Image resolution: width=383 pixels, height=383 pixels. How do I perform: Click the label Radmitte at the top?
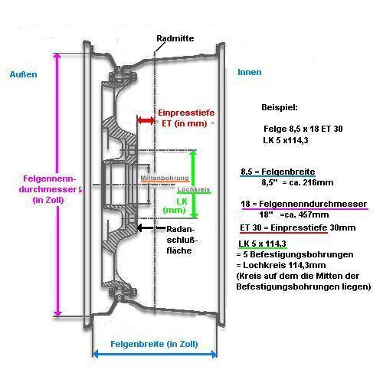[175, 38]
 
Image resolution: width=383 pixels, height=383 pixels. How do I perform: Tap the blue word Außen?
[23, 74]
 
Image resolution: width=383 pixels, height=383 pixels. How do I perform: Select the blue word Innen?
[250, 72]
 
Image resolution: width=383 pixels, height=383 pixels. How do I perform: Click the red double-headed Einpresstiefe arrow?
[146, 120]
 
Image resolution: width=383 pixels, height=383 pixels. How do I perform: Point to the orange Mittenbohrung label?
[165, 178]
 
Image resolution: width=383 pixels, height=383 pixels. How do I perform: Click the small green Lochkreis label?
[194, 189]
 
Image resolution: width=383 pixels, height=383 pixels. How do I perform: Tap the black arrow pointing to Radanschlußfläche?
[151, 228]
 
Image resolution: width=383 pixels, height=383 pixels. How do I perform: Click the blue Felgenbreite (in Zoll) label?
[154, 344]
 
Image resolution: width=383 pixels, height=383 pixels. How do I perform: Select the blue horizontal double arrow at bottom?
[155, 354]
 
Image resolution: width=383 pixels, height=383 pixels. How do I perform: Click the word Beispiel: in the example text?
[280, 107]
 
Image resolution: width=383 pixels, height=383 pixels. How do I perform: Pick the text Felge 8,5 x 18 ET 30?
[303, 129]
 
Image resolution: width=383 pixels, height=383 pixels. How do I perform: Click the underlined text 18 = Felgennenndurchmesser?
[304, 204]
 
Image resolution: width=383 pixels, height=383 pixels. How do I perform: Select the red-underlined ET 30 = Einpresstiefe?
[283, 228]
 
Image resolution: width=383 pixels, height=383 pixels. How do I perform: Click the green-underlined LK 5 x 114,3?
[262, 244]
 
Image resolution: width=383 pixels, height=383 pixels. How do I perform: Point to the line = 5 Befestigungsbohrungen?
[295, 254]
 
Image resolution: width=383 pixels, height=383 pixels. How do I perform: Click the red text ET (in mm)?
[185, 123]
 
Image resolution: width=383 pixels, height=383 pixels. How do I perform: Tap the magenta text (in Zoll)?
[48, 200]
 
